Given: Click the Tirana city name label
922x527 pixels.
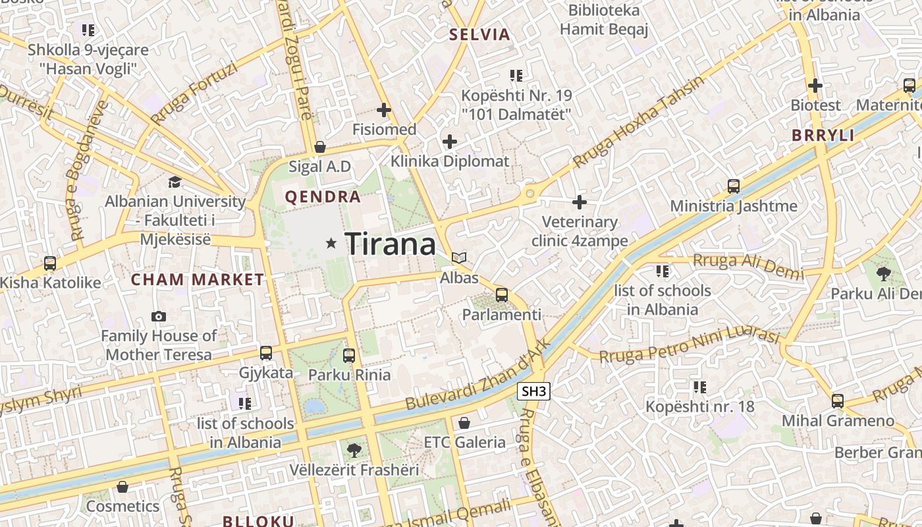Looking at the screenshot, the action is tap(390, 244).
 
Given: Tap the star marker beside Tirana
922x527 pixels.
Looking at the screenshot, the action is tap(331, 244).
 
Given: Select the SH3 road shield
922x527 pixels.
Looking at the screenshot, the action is tap(533, 391).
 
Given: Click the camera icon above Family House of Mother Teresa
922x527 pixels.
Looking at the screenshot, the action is tap(158, 317).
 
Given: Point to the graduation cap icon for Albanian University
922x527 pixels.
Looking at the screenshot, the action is tap(175, 182).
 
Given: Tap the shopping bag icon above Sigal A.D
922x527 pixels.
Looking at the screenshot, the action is tap(319, 146).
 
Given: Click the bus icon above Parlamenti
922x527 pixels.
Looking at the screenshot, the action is tap(502, 294).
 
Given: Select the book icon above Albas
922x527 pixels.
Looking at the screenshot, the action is tap(459, 258).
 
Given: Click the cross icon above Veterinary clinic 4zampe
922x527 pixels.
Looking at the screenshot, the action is tap(580, 202).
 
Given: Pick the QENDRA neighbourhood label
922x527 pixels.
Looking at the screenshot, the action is tap(323, 197).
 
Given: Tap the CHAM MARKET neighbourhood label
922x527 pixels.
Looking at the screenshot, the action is tap(198, 279).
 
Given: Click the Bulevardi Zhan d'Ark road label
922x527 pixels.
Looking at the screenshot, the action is tap(477, 376).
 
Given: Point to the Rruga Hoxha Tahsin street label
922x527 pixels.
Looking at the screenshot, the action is tap(638, 123).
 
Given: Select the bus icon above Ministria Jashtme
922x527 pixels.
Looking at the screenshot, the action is tap(733, 186).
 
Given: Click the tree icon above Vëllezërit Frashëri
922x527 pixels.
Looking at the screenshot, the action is tap(354, 451).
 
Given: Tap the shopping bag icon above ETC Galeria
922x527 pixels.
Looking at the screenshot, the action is tap(464, 423).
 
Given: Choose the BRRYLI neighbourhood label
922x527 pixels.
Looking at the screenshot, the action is tap(823, 136).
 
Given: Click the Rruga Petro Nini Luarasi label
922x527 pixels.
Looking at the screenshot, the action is tap(689, 347).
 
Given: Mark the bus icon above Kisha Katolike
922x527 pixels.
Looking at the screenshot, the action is tap(50, 263).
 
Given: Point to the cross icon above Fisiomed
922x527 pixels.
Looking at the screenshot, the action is tap(384, 109).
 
